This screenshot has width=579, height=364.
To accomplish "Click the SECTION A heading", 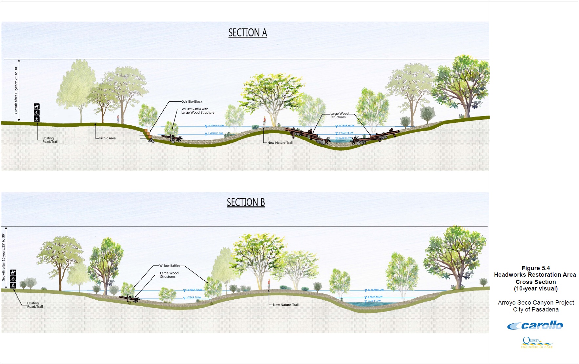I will coord(248,33).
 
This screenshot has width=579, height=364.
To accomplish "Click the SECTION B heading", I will coord(246,203).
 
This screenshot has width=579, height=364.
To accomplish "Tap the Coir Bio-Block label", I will coord(192,101).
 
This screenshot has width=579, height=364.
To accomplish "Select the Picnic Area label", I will coord(107,138).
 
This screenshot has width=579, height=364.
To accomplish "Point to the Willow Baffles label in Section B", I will coord(170,266).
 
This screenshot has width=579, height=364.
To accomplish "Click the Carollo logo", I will coord(535,326).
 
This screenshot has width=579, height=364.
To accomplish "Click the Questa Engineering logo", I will coord(536,343).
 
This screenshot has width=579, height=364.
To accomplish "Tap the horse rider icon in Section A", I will coord(37,106).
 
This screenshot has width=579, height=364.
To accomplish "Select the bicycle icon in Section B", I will coord(13,279).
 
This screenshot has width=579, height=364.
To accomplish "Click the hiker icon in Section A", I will coord(37,119).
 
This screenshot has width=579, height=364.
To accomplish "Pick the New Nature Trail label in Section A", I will coord(280,143).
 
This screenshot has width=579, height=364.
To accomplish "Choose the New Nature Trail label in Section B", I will coord(286,305).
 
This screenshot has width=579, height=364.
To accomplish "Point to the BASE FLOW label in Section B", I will coord(374,301).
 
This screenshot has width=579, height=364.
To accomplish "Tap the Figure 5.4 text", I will coord(536,268).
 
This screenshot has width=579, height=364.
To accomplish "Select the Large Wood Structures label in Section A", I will coord(339,115).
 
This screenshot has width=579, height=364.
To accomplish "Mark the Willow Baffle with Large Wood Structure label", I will coord(198,111).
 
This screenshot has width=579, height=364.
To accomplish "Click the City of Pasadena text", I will coord(536,310).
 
